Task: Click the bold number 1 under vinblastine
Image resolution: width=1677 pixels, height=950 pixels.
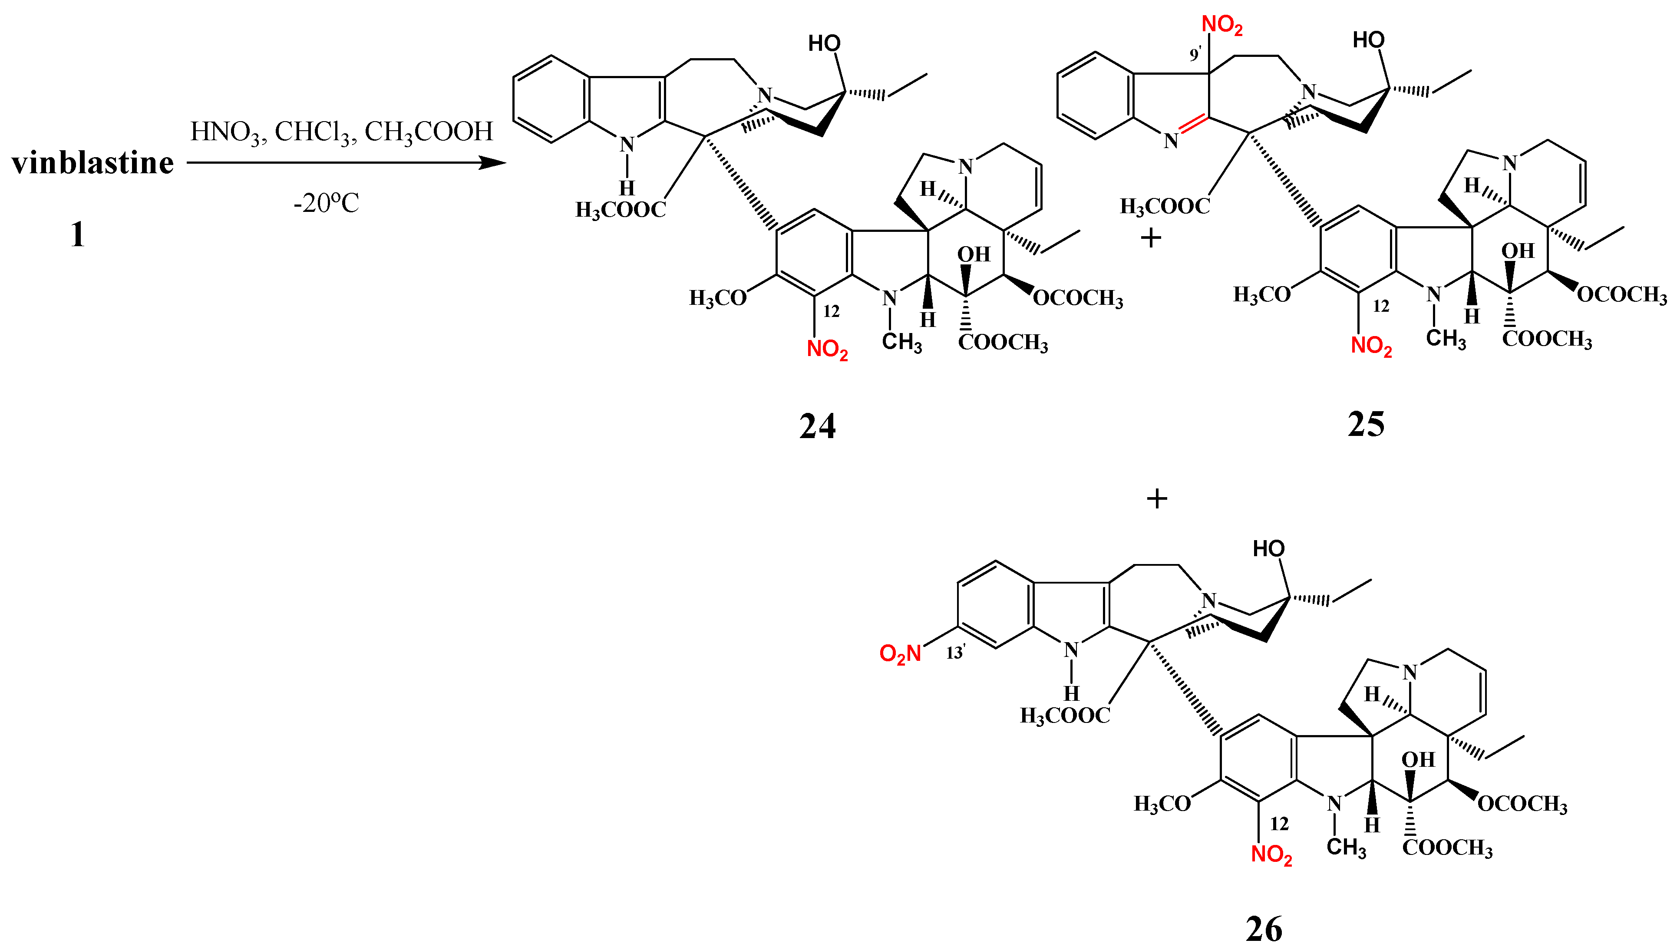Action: coord(78,235)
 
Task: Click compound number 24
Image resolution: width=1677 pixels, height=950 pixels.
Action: coord(817,426)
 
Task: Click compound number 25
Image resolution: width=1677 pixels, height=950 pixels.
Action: coord(1366,425)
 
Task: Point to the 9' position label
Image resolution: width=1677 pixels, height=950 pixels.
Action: coord(1195,55)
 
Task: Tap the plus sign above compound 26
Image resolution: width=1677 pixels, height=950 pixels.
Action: coord(1157,499)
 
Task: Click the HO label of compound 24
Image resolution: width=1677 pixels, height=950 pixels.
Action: coord(824,44)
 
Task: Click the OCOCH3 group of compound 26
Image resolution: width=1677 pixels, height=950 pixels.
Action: coord(1522,804)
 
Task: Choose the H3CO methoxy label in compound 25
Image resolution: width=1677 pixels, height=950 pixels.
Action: coord(1262,295)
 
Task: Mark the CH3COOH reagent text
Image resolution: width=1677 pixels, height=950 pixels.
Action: coord(429,132)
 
